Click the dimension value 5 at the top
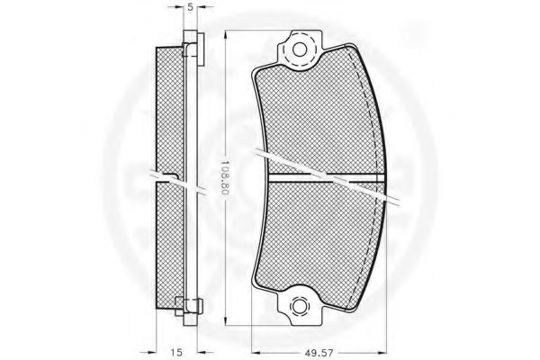coord(191,6)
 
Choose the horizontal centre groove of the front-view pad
coord(324,177)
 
